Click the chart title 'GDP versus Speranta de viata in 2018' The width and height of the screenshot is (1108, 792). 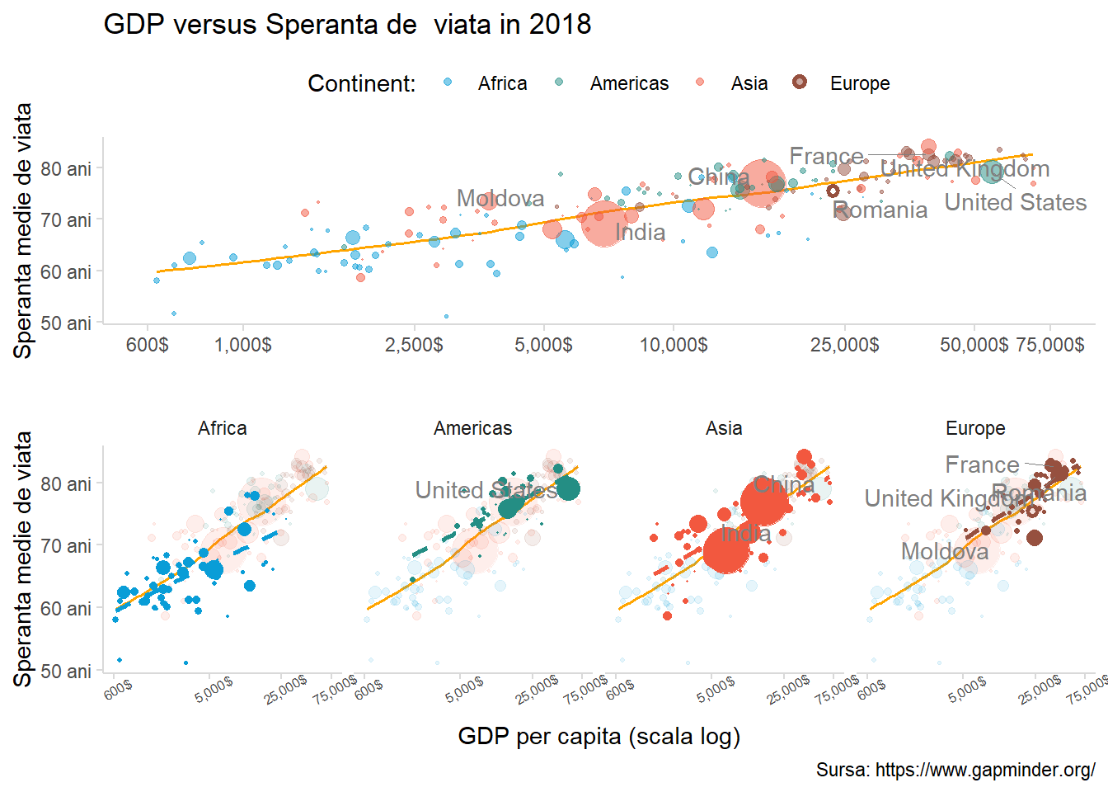347,25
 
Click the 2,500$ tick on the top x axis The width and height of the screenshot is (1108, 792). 414,345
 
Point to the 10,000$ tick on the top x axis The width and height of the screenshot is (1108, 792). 674,345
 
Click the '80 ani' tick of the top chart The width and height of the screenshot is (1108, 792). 66,169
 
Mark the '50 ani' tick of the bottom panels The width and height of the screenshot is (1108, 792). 66,672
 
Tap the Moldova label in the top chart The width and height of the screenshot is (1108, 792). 500,199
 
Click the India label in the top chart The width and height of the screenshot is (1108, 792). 641,233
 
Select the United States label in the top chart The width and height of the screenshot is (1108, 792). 1015,203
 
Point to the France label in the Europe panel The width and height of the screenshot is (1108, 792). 982,465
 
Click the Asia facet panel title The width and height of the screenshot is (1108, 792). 724,429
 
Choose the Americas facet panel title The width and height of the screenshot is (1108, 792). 473,429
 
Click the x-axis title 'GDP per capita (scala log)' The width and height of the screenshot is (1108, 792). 599,737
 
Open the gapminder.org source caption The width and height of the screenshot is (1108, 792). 955,771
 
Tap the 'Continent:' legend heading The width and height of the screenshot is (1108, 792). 361,84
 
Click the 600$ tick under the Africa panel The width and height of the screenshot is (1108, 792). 118,690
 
